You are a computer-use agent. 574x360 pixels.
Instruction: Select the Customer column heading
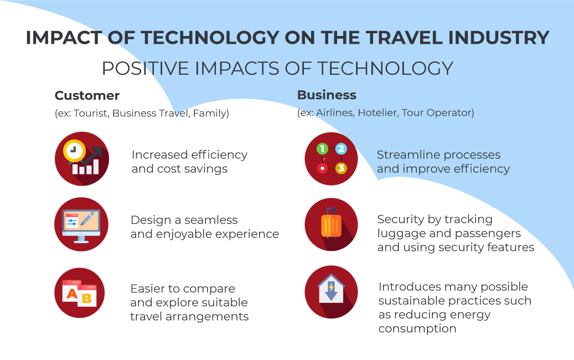(87, 96)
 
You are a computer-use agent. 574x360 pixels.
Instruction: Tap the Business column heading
(327, 95)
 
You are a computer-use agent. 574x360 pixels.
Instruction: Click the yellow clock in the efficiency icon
(74, 150)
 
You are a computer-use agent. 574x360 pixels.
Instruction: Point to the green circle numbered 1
(322, 148)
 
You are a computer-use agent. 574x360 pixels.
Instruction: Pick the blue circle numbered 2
(341, 148)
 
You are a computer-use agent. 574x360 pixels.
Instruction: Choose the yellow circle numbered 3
(341, 168)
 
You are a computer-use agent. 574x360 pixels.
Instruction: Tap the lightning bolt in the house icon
(331, 287)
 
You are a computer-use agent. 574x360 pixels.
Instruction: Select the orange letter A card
(72, 291)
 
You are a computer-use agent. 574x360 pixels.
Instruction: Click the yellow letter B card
(87, 296)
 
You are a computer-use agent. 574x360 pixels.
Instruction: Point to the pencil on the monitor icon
(87, 219)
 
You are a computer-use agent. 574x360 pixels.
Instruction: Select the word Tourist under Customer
(91, 114)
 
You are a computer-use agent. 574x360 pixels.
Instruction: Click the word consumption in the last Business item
(417, 329)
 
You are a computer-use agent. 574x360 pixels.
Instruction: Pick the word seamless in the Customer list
(211, 220)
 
